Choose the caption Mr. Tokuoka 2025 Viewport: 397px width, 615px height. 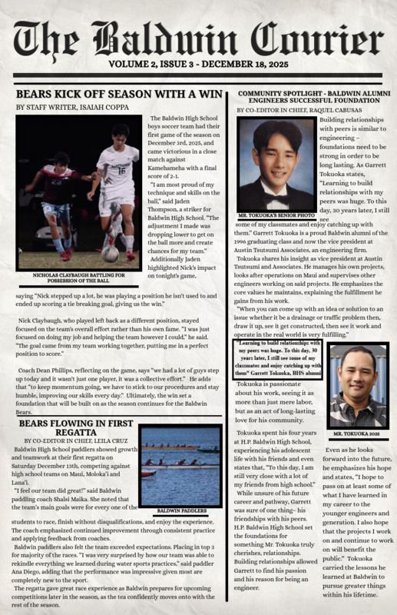click(357, 434)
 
